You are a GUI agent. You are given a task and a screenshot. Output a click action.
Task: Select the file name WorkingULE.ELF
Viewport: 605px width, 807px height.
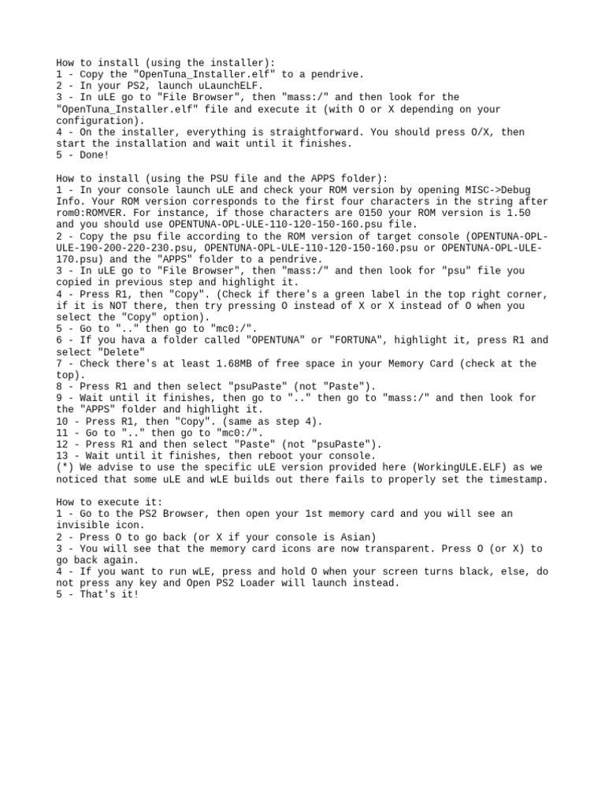pos(442,467)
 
